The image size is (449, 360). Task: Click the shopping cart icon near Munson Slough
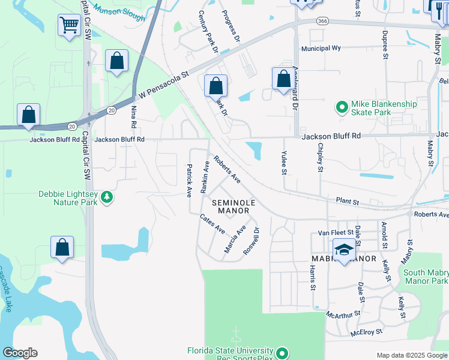coord(70,25)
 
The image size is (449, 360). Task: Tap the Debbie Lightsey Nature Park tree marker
coord(106,197)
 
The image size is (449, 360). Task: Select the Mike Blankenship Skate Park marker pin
coord(342,108)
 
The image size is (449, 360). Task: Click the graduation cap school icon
coord(344,250)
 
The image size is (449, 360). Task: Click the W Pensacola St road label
coord(163,85)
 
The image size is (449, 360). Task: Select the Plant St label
coord(347,200)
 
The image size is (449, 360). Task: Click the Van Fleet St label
coord(334,232)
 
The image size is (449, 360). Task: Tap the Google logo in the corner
coord(20,353)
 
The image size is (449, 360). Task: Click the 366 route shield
coord(323,20)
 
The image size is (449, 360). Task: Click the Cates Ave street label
coord(212,225)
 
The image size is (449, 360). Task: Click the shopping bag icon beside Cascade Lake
coord(62,247)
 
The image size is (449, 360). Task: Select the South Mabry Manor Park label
coord(426,277)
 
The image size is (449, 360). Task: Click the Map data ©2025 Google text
coord(411,355)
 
